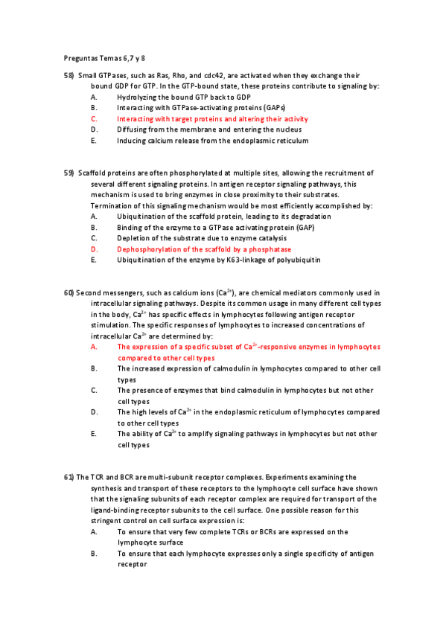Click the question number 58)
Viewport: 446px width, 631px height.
[69, 76]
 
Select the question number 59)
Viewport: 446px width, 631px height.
[69, 173]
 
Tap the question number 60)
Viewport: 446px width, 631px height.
[69, 293]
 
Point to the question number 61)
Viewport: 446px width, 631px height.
[69, 477]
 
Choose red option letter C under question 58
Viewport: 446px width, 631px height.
[94, 119]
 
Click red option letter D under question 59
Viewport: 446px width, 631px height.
[94, 249]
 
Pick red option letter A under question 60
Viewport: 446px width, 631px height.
[94, 326]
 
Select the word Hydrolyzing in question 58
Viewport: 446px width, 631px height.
[136, 97]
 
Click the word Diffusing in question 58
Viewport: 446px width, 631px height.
[132, 129]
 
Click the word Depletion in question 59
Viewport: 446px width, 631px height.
[133, 238]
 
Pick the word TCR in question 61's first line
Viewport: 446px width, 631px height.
[98, 477]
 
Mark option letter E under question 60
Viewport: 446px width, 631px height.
[94, 434]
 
